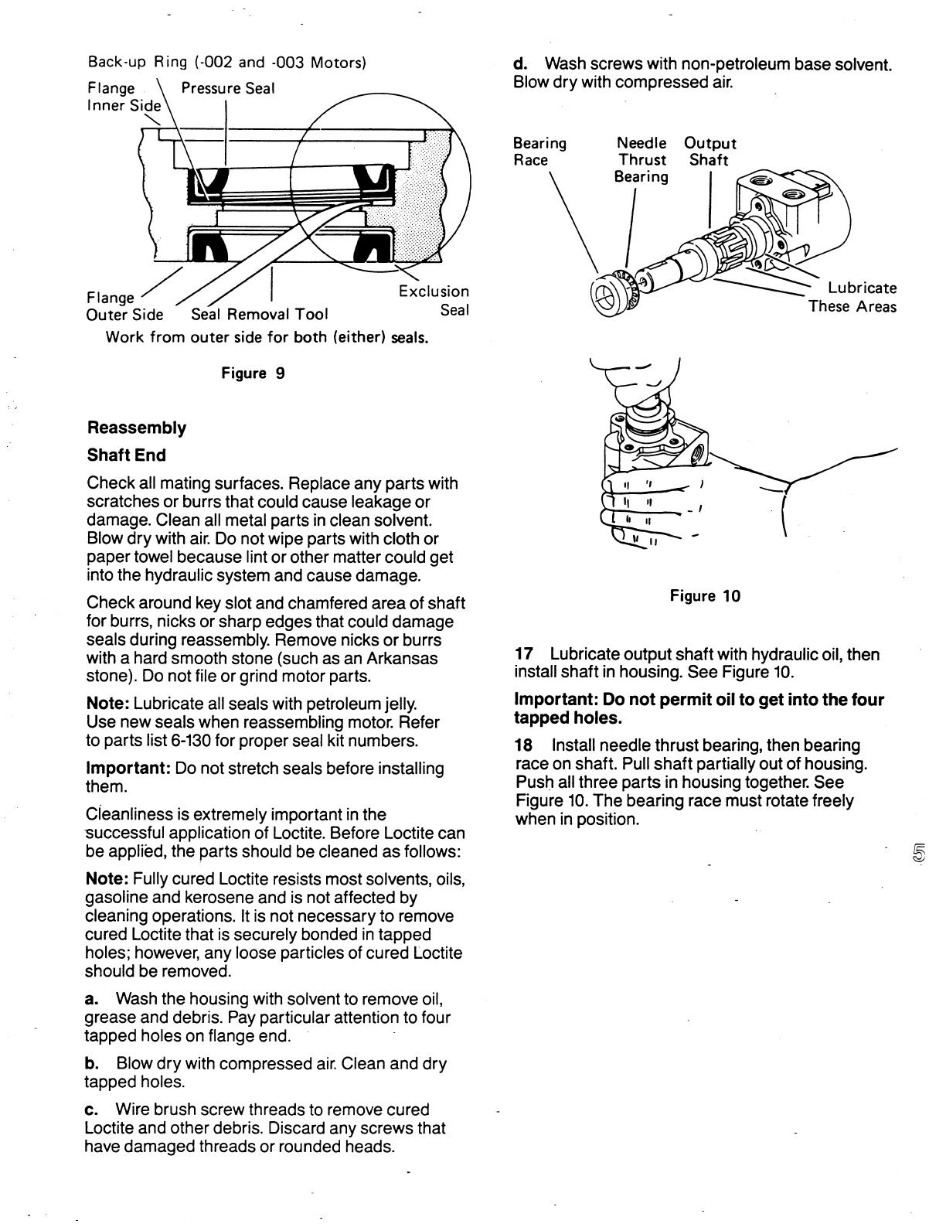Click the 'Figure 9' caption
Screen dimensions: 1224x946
pyautogui.click(x=253, y=373)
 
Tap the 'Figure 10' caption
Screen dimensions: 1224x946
pyautogui.click(x=705, y=596)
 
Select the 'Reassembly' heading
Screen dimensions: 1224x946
pyautogui.click(x=137, y=428)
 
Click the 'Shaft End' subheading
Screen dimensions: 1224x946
pyautogui.click(x=126, y=455)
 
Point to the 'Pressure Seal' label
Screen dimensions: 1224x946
pyautogui.click(x=227, y=88)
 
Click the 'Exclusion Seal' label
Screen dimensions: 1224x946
pyautogui.click(x=434, y=301)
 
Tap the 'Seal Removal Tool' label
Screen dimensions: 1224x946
pyautogui.click(x=259, y=314)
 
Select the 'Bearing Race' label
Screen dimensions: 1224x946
pyautogui.click(x=539, y=152)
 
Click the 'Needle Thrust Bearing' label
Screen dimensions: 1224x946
pyautogui.click(x=641, y=160)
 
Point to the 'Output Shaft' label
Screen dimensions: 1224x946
pyautogui.click(x=710, y=152)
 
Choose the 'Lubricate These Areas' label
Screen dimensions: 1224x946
pyautogui.click(x=853, y=298)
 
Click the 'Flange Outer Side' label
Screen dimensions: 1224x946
pyautogui.click(x=124, y=306)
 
